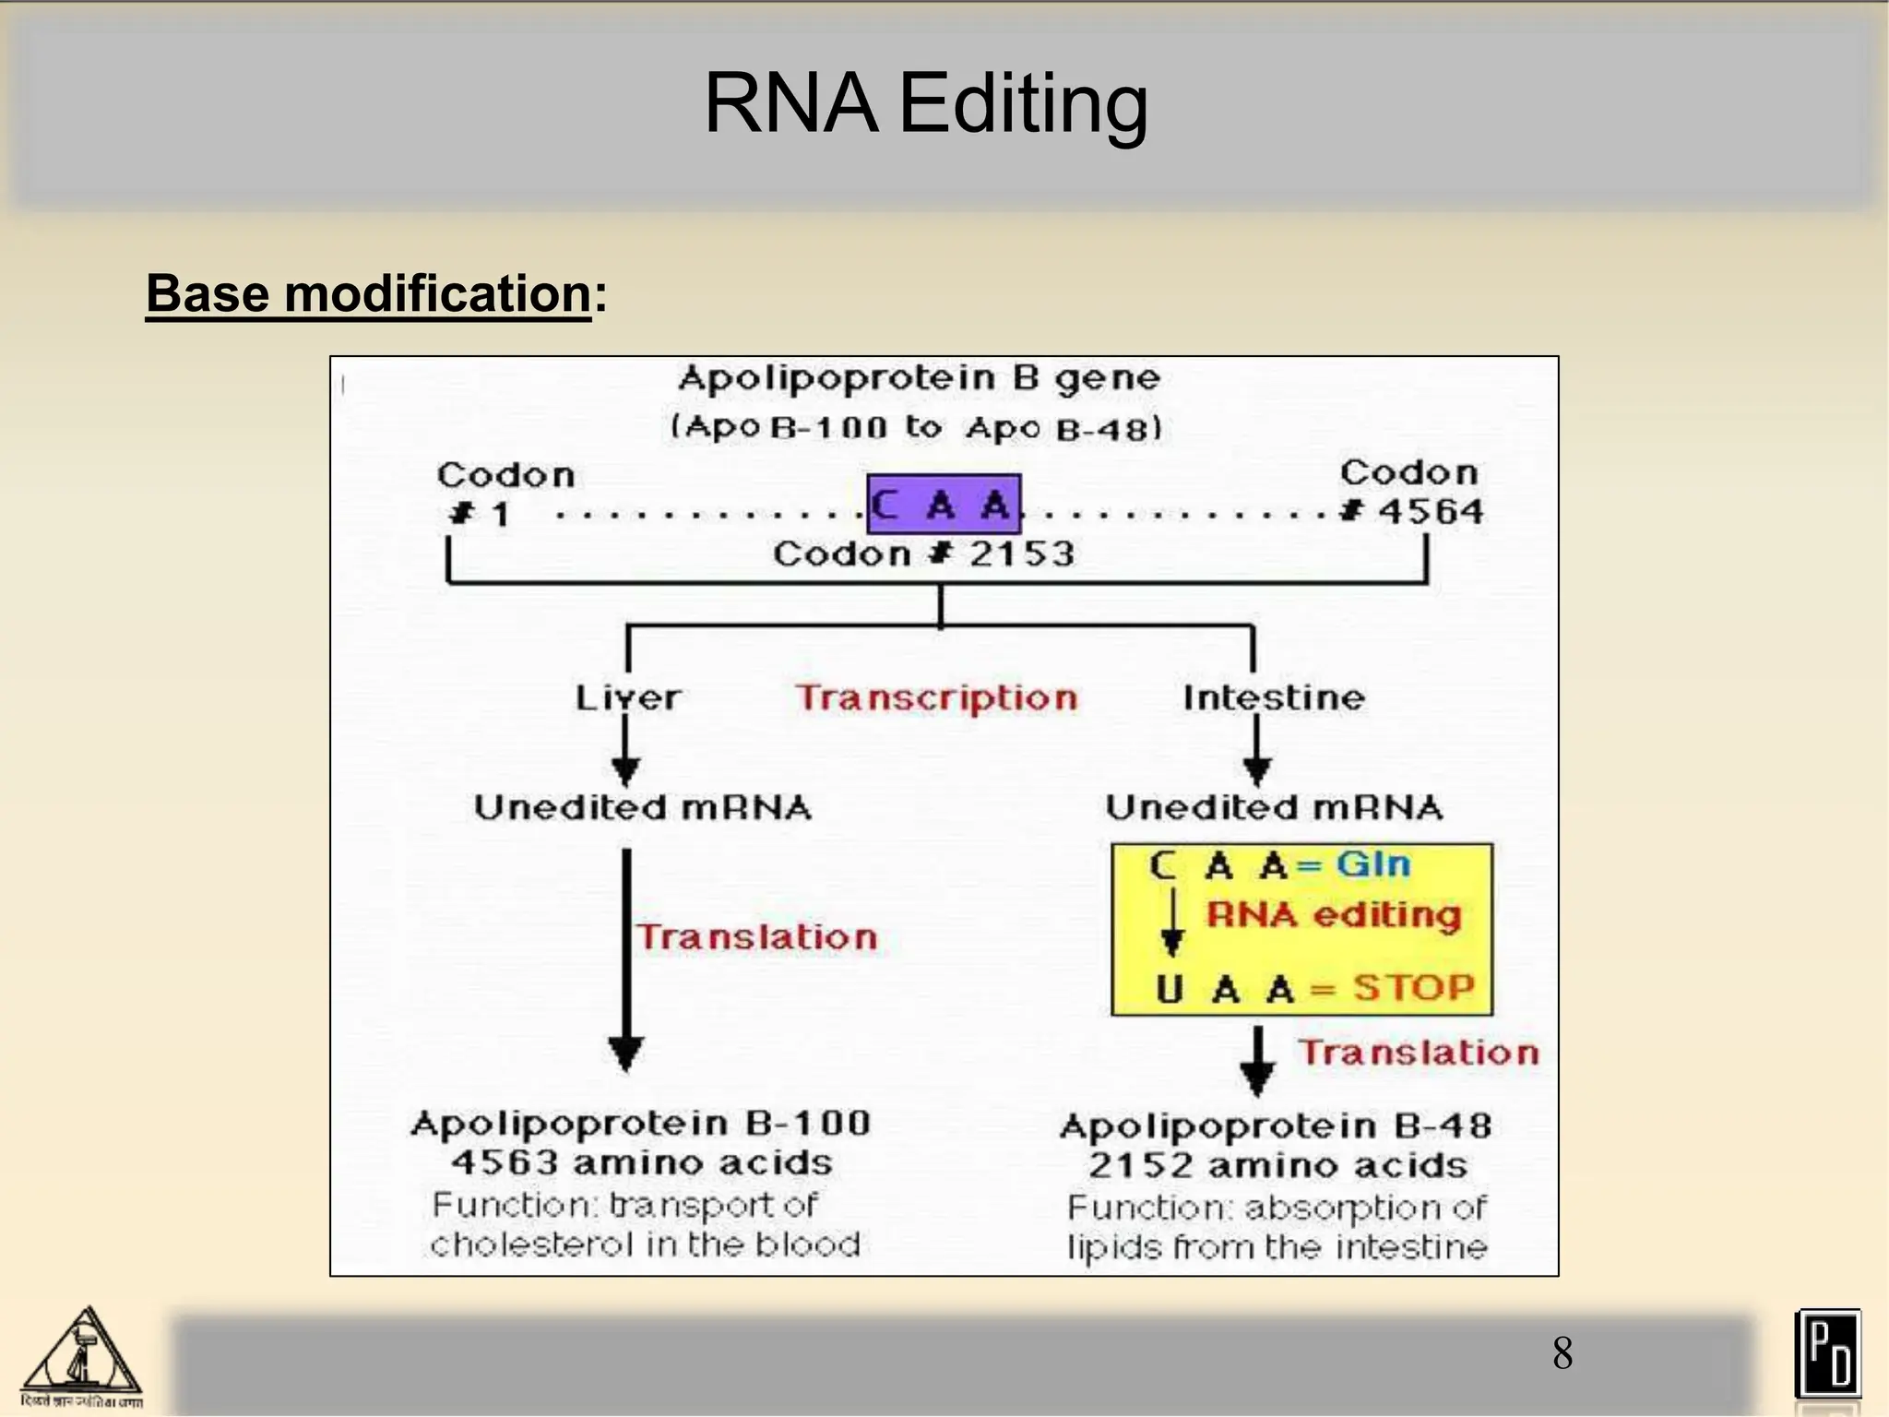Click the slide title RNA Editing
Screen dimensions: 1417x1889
tap(926, 103)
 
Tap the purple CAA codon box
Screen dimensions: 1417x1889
tap(944, 505)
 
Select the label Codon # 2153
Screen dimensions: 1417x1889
tap(924, 554)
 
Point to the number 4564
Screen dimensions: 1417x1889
tap(1430, 511)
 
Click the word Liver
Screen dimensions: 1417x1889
tap(627, 697)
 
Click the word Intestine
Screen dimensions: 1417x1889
tap(1273, 697)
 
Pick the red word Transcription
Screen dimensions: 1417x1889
tap(936, 698)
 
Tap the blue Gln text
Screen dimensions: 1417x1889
tap(1373, 864)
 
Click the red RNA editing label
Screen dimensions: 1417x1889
tap(1334, 915)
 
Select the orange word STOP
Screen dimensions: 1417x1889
tap(1414, 988)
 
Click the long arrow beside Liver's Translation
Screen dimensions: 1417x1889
tap(626, 959)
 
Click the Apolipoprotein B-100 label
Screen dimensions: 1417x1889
tap(641, 1124)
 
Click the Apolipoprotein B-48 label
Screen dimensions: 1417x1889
tap(1276, 1126)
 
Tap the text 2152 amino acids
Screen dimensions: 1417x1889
tap(1277, 1166)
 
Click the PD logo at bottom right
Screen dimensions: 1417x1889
tap(1827, 1354)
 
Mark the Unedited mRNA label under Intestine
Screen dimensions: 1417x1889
tap(1274, 808)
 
